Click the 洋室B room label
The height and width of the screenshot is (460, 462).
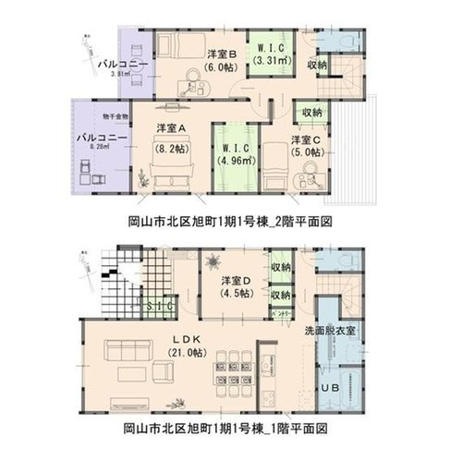223,54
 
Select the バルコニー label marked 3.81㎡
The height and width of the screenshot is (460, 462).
122,64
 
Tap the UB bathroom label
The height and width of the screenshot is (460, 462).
331,387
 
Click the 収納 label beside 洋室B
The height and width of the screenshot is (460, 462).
316,65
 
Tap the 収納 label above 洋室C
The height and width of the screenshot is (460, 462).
311,111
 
